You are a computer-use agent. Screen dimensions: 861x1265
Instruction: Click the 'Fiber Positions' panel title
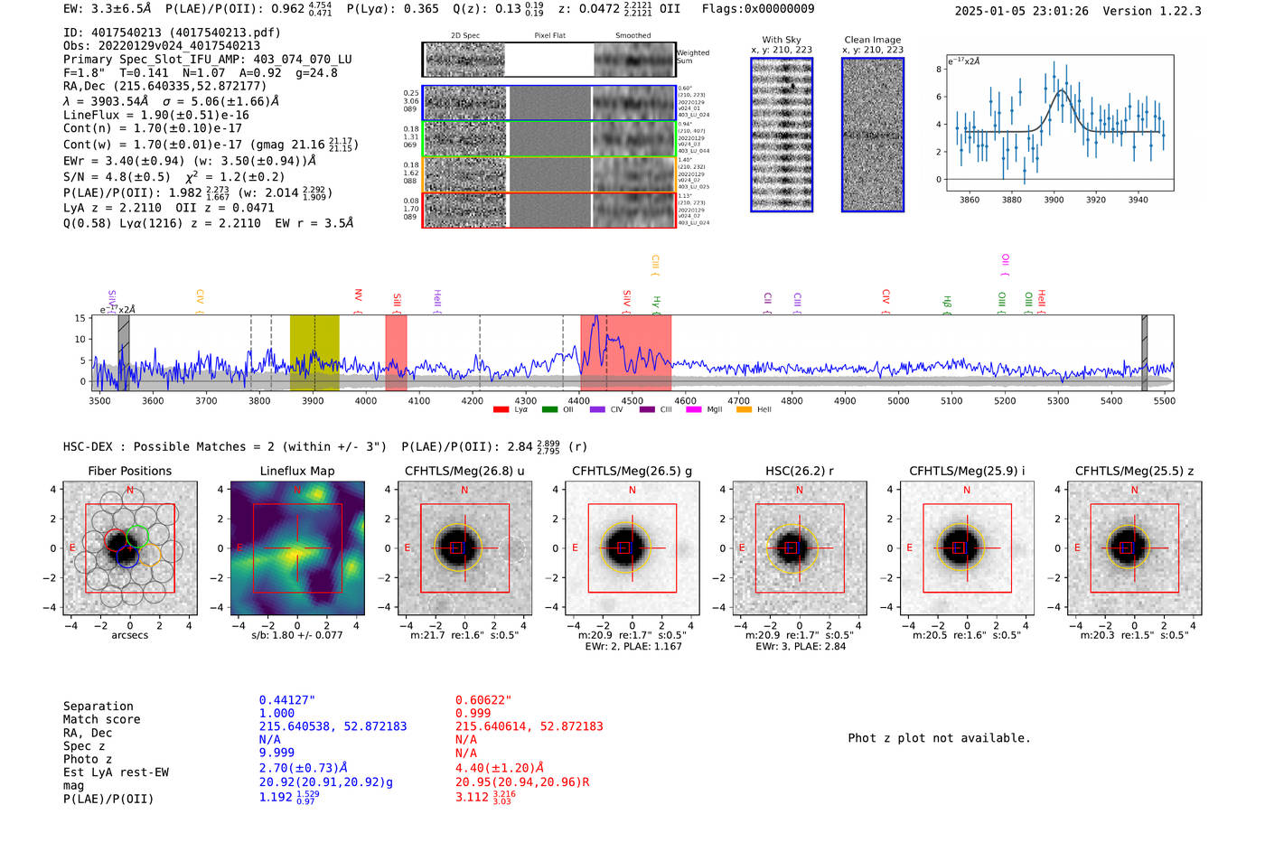pos(129,471)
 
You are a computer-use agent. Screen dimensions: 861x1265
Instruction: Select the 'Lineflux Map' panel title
pos(296,471)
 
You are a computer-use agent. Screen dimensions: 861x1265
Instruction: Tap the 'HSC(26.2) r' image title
pos(799,471)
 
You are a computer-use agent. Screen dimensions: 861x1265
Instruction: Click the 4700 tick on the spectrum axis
pos(738,400)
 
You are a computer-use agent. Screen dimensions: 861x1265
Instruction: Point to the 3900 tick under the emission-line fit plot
pos(1054,200)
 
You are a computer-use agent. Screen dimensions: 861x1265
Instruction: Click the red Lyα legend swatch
pos(501,410)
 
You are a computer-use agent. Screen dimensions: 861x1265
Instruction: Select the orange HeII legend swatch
pos(744,410)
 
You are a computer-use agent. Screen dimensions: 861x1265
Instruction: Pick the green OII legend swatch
pos(549,410)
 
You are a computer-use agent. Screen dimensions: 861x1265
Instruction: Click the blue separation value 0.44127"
pos(286,700)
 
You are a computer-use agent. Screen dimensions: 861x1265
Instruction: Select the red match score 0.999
pos(473,713)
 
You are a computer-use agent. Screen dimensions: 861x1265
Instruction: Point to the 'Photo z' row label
pos(88,759)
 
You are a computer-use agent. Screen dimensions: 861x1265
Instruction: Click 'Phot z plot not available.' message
pos(939,738)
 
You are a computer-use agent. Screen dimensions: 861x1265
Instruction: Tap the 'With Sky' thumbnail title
pos(781,40)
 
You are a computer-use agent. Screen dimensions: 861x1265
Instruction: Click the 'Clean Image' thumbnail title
pos(872,40)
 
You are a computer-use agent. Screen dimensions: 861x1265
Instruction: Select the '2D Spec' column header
pos(465,36)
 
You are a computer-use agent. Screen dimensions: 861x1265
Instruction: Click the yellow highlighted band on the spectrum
pos(314,352)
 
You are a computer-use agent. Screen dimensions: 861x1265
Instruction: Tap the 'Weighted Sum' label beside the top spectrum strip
pos(692,57)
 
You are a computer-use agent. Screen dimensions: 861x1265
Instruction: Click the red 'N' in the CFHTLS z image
pos(1134,490)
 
